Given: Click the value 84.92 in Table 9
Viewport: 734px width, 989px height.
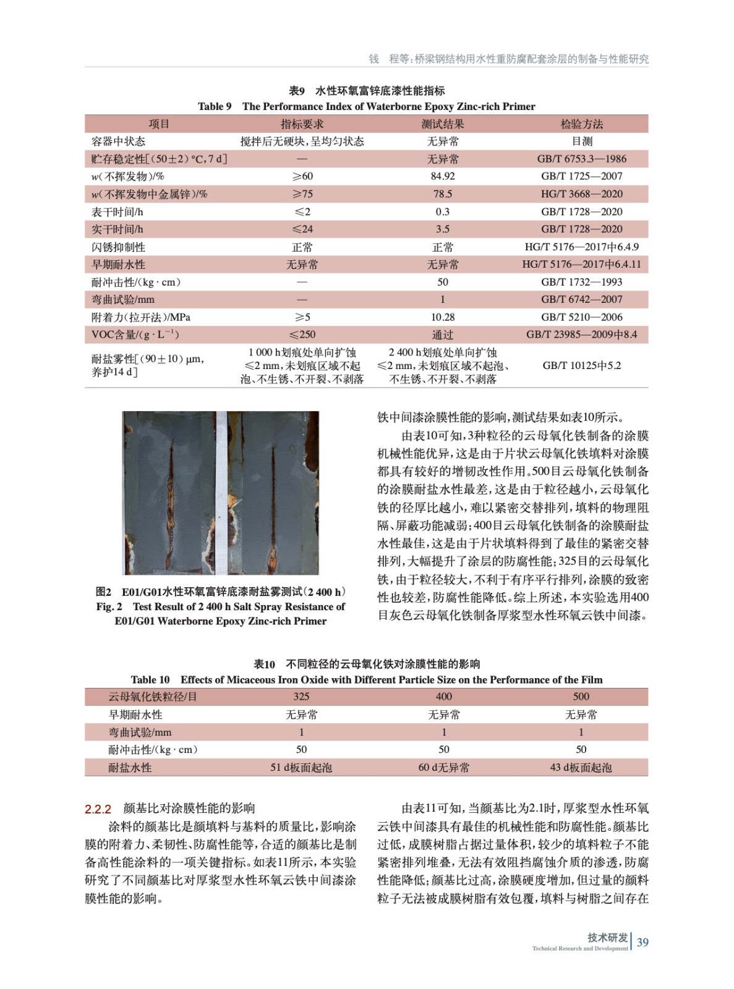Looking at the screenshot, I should pyautogui.click(x=443, y=176).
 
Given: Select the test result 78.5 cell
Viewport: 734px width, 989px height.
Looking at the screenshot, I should pyautogui.click(x=443, y=194).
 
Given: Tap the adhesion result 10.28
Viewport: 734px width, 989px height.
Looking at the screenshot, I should pyautogui.click(x=443, y=317).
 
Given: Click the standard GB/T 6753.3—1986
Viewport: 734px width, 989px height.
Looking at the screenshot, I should pyautogui.click(x=581, y=159).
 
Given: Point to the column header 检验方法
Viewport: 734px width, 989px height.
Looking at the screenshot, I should pyautogui.click(x=581, y=124).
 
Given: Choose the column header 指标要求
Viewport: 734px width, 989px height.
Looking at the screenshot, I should pyautogui.click(x=302, y=124).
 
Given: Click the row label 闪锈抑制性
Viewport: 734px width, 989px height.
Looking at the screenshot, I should pyautogui.click(x=119, y=247).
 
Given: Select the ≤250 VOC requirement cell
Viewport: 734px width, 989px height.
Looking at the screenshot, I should pyautogui.click(x=302, y=334).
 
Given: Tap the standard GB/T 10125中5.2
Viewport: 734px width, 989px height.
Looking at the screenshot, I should pyautogui.click(x=581, y=365).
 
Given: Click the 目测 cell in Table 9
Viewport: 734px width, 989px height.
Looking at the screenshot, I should pyautogui.click(x=581, y=142).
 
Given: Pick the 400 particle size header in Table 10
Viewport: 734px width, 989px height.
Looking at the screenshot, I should pyautogui.click(x=443, y=697).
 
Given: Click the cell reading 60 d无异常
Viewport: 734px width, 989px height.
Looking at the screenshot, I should pyautogui.click(x=443, y=768).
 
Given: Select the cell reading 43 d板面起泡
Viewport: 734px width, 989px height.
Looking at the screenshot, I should pyautogui.click(x=581, y=768).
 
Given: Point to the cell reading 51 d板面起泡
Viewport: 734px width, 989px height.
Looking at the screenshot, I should pyautogui.click(x=301, y=768).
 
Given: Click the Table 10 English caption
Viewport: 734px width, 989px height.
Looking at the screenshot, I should pyautogui.click(x=367, y=680).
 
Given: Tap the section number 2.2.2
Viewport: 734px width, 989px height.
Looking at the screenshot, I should pyautogui.click(x=98, y=809).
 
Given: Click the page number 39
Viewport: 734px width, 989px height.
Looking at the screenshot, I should pyautogui.click(x=642, y=943).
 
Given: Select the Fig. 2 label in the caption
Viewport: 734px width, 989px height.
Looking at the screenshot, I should pyautogui.click(x=109, y=607).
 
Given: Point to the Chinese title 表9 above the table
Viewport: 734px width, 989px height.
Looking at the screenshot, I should pyautogui.click(x=297, y=91).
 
